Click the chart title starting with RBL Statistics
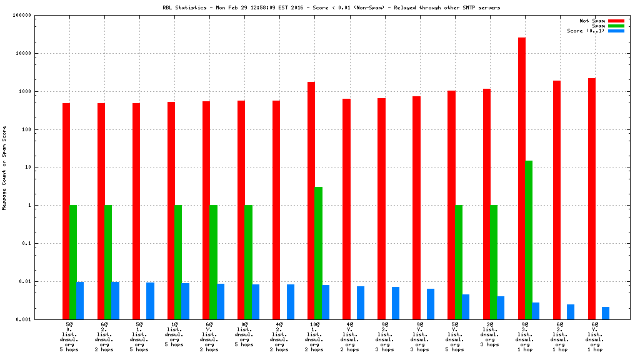(331, 7)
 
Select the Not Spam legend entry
(592, 21)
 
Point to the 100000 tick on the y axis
(39, 16)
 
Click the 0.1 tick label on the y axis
(46, 244)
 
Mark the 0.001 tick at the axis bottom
(42, 319)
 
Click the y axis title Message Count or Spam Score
(5, 167)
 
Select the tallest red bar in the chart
(522, 178)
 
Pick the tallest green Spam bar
(529, 240)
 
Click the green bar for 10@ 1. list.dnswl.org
(319, 252)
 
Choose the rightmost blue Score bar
(606, 312)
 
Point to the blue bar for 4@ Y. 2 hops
(361, 302)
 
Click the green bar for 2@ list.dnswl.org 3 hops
(494, 262)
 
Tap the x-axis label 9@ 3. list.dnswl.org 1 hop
(525, 337)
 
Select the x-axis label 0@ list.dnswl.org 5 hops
(244, 334)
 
